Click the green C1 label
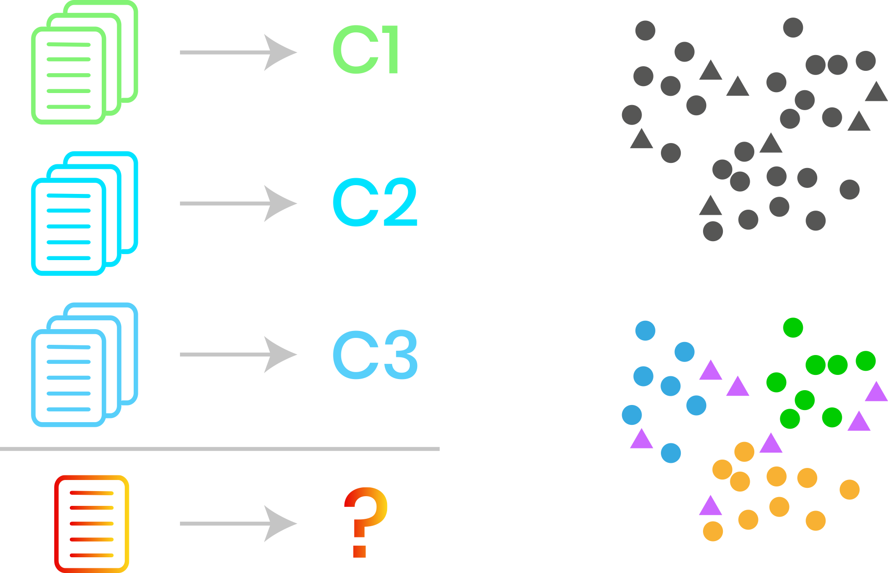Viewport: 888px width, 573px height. (x=365, y=50)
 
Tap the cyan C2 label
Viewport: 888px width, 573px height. (x=375, y=202)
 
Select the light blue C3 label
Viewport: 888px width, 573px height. (x=375, y=355)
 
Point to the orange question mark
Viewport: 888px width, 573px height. (x=365, y=522)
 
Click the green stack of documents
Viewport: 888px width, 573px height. (x=84, y=62)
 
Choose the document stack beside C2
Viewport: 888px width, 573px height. (x=84, y=213)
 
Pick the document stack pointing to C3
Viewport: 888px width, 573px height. (x=84, y=365)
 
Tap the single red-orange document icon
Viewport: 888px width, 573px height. (x=92, y=523)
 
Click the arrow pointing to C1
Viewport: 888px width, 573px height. (x=238, y=52)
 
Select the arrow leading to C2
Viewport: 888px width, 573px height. (x=238, y=203)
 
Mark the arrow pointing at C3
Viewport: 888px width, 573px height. (x=238, y=355)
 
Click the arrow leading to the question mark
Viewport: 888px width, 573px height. (x=238, y=523)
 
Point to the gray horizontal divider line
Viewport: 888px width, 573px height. (x=220, y=449)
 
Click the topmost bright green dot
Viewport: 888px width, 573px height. (x=793, y=328)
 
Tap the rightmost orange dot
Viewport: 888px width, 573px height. (x=850, y=490)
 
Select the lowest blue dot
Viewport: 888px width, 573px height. (x=671, y=453)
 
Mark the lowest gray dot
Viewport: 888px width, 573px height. (x=713, y=231)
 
